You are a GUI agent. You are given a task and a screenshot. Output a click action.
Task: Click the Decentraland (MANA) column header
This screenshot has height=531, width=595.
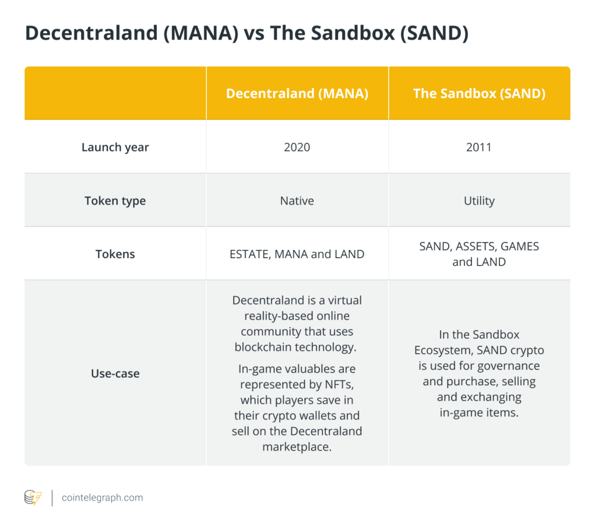pyautogui.click(x=297, y=94)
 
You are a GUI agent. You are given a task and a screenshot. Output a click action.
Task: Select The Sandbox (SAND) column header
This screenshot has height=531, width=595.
pyautogui.click(x=479, y=94)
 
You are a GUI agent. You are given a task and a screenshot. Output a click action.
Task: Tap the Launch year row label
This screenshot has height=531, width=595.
pyautogui.click(x=115, y=147)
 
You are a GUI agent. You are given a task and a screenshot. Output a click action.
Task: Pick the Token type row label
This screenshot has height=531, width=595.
pyautogui.click(x=115, y=200)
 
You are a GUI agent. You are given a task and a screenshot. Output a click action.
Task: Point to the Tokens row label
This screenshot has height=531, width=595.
pyautogui.click(x=115, y=254)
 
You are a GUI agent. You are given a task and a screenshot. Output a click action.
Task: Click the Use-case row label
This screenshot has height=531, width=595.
pyautogui.click(x=115, y=374)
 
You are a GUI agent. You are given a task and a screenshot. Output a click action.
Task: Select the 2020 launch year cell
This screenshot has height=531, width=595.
pyautogui.click(x=297, y=147)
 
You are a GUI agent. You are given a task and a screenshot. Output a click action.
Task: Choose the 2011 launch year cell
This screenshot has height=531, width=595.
pyautogui.click(x=479, y=147)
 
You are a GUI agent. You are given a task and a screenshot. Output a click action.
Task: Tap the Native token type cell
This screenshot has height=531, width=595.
pyautogui.click(x=297, y=200)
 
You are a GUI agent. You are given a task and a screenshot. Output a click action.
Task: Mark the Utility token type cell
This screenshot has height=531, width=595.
pyautogui.click(x=479, y=200)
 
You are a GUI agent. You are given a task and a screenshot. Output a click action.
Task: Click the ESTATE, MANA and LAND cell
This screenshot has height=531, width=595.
pyautogui.click(x=297, y=254)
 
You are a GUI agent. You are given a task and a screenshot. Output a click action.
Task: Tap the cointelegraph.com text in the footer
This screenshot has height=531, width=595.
pyautogui.click(x=102, y=498)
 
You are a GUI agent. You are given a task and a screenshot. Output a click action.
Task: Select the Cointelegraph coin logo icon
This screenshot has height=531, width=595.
pyautogui.click(x=33, y=498)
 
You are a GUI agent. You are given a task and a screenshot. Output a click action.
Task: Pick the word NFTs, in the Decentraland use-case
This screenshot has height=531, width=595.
pyautogui.click(x=339, y=385)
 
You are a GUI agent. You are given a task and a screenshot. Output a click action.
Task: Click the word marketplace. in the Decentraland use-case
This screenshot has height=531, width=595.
pyautogui.click(x=297, y=447)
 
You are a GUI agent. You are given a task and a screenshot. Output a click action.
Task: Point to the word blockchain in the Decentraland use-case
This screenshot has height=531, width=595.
pyautogui.click(x=263, y=347)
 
